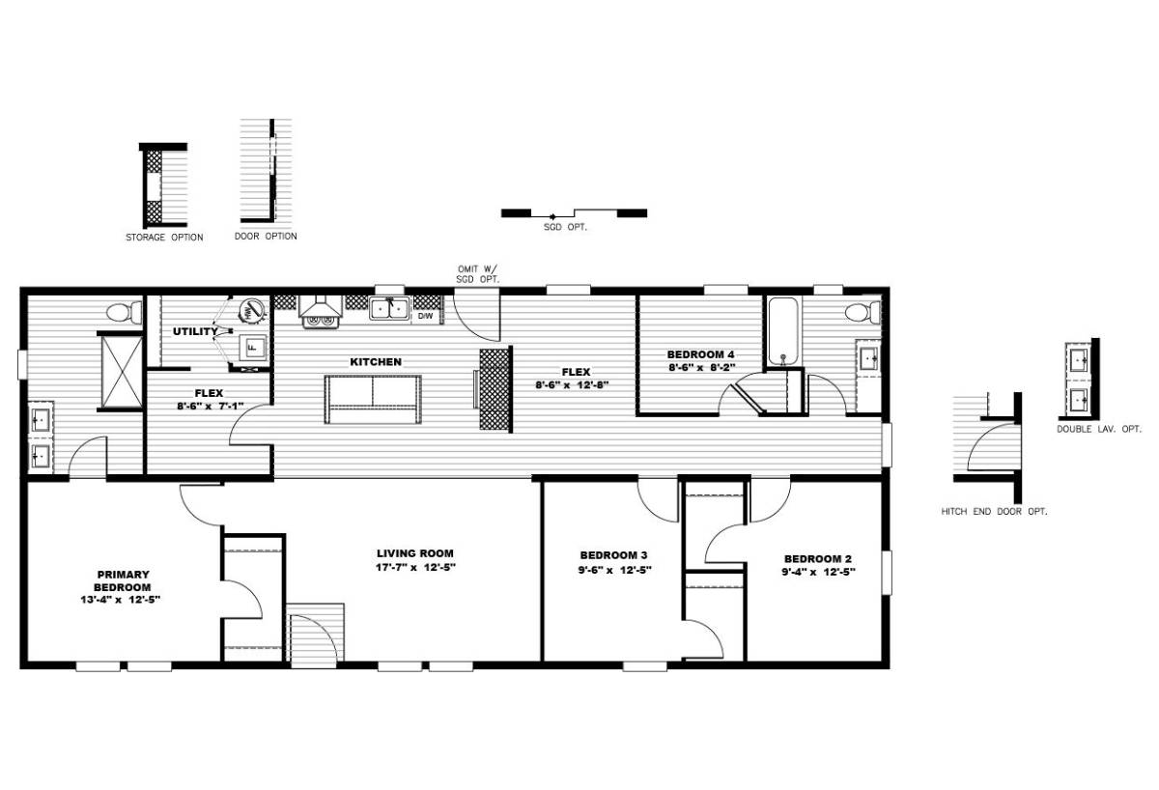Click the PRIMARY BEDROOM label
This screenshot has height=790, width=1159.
[x=123, y=581]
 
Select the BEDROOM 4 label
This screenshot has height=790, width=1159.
[x=700, y=354]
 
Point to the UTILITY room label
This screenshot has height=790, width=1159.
[x=195, y=331]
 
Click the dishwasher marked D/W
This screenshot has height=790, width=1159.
[x=425, y=315]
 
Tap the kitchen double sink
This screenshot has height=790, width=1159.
[x=389, y=308]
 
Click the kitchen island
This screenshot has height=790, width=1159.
[x=373, y=400]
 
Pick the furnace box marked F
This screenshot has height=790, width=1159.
[x=252, y=348]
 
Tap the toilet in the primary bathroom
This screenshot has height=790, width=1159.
[x=125, y=312]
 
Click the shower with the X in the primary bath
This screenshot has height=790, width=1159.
[x=122, y=372]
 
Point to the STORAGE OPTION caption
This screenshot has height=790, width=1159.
[x=164, y=238]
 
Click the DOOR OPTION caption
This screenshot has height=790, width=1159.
[x=266, y=237]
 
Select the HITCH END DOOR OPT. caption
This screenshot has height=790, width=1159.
[x=994, y=512]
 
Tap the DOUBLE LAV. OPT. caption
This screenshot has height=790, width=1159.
[x=1098, y=429]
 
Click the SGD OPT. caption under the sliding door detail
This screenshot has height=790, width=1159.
[x=566, y=227]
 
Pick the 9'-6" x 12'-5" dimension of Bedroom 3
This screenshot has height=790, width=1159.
[x=614, y=570]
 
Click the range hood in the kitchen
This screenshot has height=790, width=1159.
[x=320, y=306]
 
